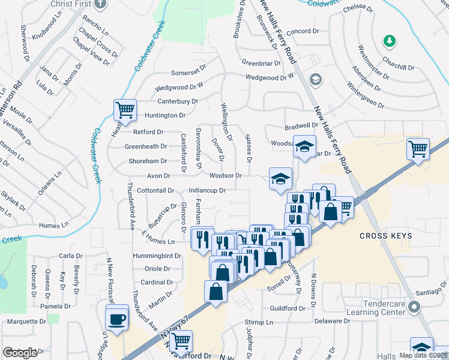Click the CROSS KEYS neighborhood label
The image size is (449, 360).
pyautogui.click(x=386, y=236)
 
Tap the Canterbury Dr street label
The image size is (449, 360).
pyautogui.click(x=177, y=101)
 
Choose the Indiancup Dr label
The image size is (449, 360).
pyautogui.click(x=206, y=191)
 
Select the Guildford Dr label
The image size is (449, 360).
pyautogui.click(x=288, y=308)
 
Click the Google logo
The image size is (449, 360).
pyautogui.click(x=20, y=353)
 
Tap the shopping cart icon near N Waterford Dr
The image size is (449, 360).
pyautogui.click(x=180, y=341)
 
